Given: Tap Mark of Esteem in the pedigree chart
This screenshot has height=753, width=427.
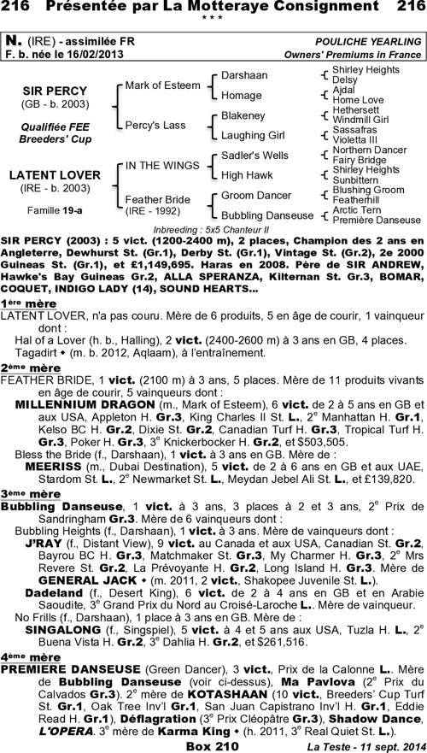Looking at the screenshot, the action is pos(161,85).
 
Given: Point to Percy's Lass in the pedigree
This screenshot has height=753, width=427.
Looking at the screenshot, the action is pos(155,125).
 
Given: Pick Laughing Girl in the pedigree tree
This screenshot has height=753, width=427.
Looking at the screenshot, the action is pos(253,135).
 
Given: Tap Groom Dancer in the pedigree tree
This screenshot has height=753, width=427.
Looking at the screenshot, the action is pos(256,195).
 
